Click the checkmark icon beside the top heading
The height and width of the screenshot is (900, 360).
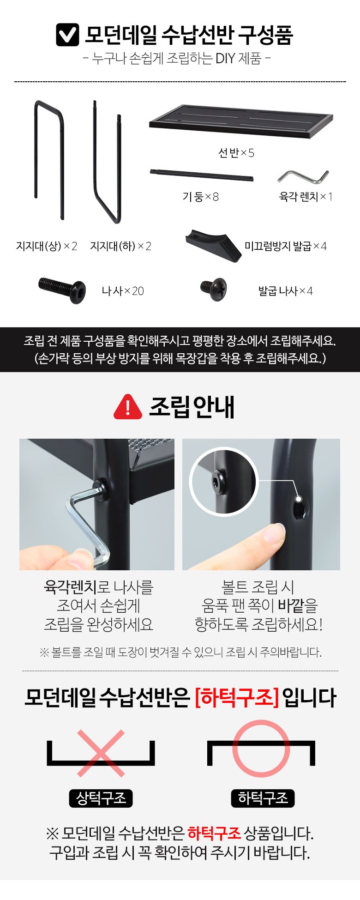point(67,35)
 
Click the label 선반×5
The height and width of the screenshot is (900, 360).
point(236,153)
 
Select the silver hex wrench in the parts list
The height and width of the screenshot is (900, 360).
point(303,177)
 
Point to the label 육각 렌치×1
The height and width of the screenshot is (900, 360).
point(306,197)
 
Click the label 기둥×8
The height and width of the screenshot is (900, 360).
point(200,197)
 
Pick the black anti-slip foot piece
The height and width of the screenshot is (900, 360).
point(213,246)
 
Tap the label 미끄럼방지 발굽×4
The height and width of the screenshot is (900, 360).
point(286,246)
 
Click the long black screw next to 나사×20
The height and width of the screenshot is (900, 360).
point(62,290)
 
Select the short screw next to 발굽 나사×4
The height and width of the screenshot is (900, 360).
point(213,289)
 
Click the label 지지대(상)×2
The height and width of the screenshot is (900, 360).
point(47,246)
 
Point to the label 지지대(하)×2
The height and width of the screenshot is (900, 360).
point(120,246)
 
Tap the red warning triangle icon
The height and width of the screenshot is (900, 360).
point(128,407)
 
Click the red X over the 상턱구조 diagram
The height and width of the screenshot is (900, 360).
point(101,753)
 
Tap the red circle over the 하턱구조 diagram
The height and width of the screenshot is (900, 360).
point(261,749)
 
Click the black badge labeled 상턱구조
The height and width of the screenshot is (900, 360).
point(101,798)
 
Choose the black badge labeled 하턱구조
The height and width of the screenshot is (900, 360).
point(263,798)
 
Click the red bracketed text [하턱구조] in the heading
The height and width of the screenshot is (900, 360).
point(237,697)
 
